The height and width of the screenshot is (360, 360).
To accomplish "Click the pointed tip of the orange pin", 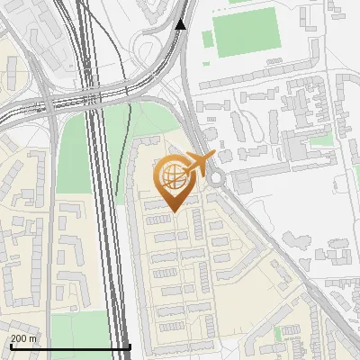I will [171, 211].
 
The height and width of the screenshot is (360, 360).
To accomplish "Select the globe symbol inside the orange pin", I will [171, 176].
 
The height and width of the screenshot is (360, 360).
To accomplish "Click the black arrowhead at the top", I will [181, 23].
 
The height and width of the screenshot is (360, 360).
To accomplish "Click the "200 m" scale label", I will [24, 338].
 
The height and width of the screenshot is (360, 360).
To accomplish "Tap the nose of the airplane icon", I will [214, 156].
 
